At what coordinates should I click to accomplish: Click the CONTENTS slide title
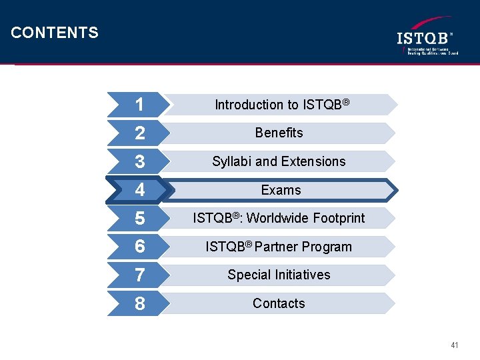(55, 33)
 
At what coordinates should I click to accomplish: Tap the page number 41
(455, 345)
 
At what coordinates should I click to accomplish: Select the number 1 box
(139, 105)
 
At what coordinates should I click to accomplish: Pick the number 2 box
(139, 133)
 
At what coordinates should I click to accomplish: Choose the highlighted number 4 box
(139, 190)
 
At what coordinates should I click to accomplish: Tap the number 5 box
(139, 219)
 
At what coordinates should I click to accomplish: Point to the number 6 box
(139, 247)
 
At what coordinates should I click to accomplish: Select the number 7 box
(139, 275)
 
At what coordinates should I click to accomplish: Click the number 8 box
(139, 304)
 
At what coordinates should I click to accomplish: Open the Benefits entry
(279, 133)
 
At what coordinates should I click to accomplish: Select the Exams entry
(281, 190)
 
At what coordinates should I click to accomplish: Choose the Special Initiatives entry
(279, 275)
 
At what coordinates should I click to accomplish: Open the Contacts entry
(279, 303)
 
